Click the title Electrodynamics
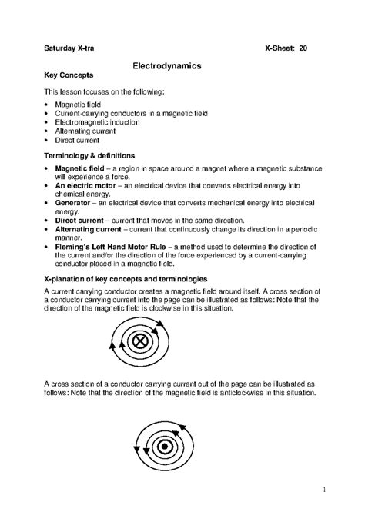[168, 67]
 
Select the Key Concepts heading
[69, 77]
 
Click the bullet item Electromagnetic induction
[98, 122]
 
